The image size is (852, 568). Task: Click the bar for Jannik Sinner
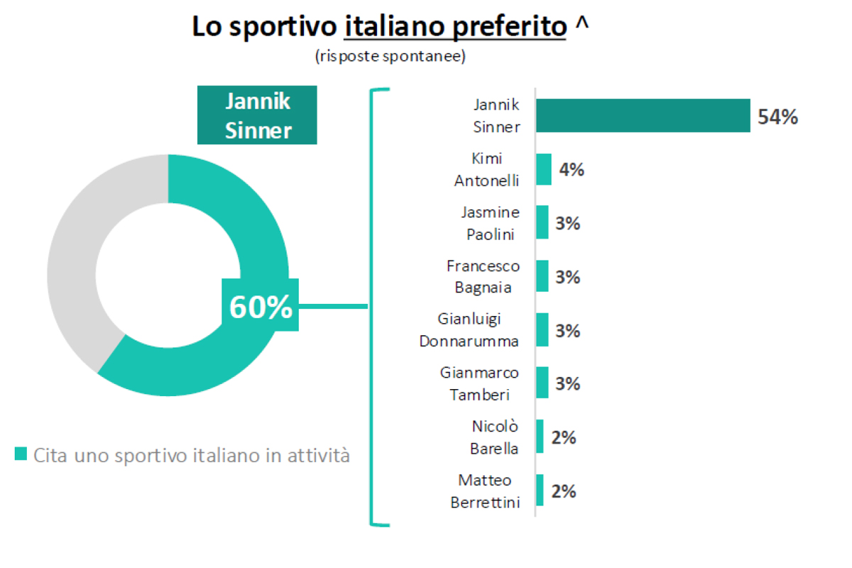pyautogui.click(x=643, y=115)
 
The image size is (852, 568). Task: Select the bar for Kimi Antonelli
pyautogui.click(x=544, y=170)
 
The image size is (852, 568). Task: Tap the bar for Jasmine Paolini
pyautogui.click(x=542, y=223)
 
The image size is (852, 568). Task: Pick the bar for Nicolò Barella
pyautogui.click(x=540, y=437)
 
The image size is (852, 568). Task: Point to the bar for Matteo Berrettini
pyautogui.click(x=540, y=491)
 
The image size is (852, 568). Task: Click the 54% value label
pyautogui.click(x=777, y=116)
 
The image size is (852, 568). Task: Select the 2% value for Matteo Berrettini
pyautogui.click(x=563, y=491)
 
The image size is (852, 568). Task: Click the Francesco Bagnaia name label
pyautogui.click(x=483, y=277)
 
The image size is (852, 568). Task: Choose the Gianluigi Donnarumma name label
pyautogui.click(x=469, y=330)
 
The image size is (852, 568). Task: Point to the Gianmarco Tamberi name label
pyautogui.click(x=479, y=383)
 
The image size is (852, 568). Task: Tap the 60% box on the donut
pyautogui.click(x=261, y=307)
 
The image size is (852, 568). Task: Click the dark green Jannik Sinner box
pyautogui.click(x=257, y=116)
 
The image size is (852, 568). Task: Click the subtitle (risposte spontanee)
pyautogui.click(x=390, y=56)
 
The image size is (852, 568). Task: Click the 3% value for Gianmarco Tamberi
pyautogui.click(x=567, y=383)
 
